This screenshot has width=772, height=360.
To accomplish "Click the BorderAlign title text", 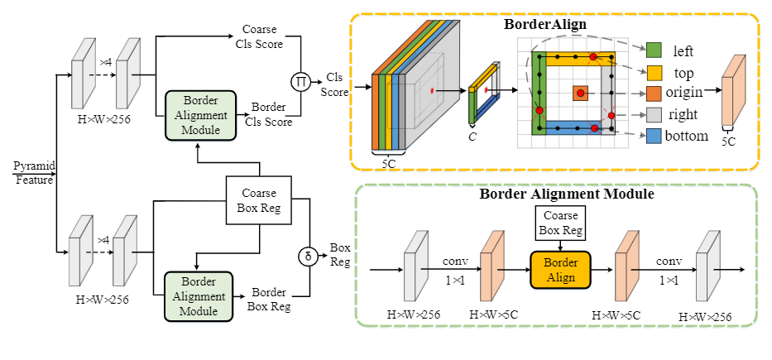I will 546,24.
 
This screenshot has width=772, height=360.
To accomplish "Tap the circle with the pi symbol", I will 299,82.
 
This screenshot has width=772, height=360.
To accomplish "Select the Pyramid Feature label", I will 33,173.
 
